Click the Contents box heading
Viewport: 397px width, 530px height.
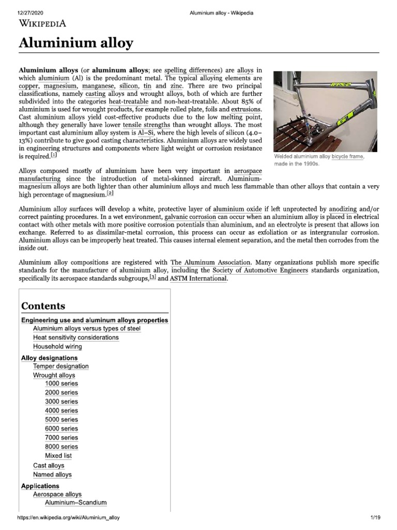tap(43, 305)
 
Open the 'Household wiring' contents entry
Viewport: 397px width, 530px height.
tap(57, 347)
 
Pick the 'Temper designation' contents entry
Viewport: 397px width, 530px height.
tap(60, 366)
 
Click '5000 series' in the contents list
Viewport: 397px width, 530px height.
tap(62, 419)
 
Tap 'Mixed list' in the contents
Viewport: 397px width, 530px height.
tap(58, 456)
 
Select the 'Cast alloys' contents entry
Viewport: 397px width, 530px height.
tap(49, 465)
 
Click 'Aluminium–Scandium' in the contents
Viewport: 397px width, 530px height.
tap(75, 503)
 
